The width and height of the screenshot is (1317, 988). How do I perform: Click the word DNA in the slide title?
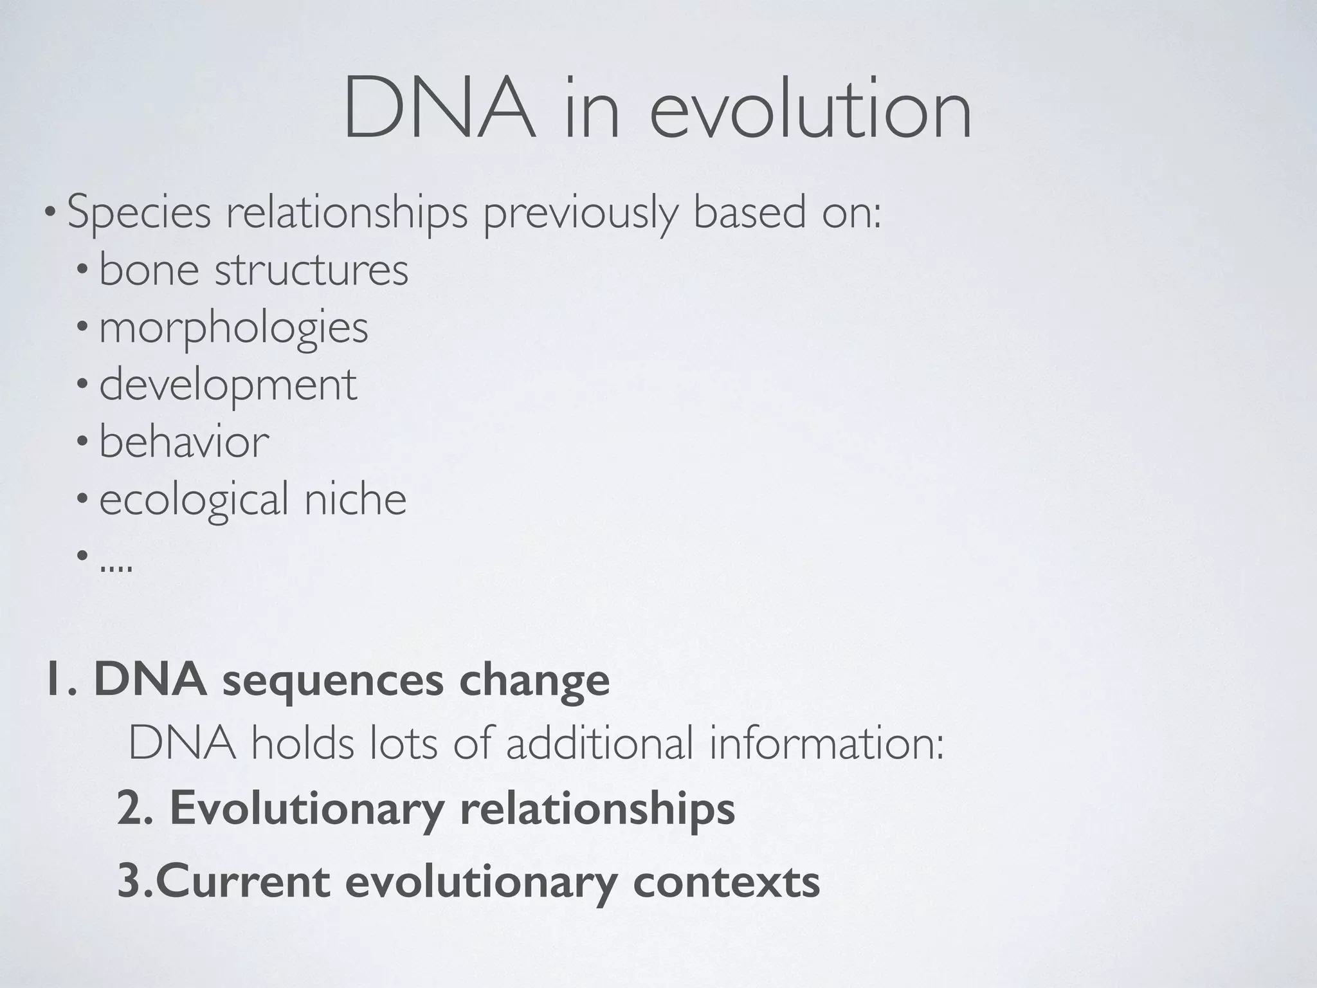click(439, 109)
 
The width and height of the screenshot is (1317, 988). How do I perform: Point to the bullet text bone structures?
click(253, 270)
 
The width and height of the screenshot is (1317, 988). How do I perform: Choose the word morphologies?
click(233, 328)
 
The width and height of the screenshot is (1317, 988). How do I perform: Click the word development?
click(228, 385)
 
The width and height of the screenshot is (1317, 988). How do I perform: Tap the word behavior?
click(184, 443)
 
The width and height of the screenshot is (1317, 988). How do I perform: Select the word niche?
click(355, 500)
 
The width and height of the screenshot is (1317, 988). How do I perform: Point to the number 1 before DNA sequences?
click(55, 681)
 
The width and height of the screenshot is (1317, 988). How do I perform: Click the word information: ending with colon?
click(827, 744)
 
